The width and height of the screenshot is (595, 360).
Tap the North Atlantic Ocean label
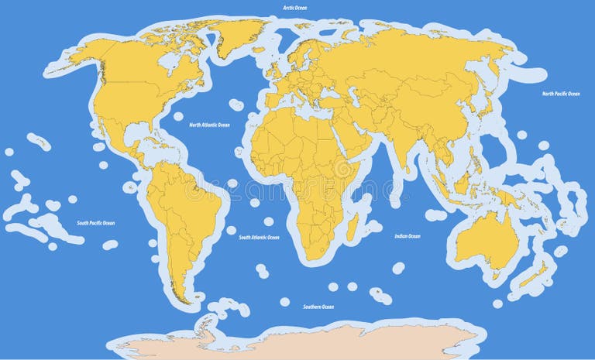[x=210, y=125]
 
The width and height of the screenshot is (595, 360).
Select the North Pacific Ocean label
[x=560, y=94]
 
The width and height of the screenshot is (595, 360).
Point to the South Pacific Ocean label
[x=95, y=223]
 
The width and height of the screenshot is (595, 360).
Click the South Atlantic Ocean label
[x=259, y=238]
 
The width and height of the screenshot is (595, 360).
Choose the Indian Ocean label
[x=408, y=236]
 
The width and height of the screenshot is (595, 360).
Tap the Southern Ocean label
[x=318, y=307]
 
